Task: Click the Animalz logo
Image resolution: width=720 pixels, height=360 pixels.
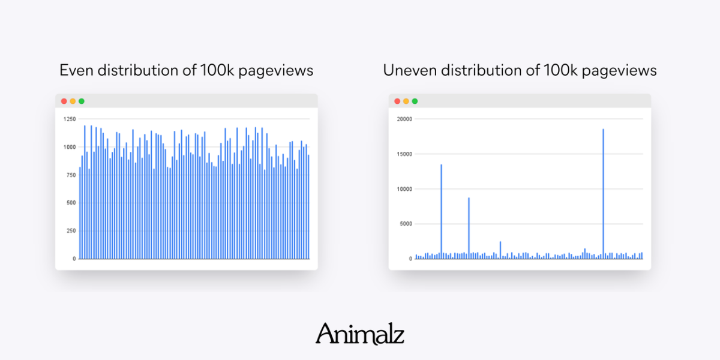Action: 360,334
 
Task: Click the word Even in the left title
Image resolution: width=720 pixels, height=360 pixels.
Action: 74,70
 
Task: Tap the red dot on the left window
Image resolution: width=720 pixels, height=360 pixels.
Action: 64,101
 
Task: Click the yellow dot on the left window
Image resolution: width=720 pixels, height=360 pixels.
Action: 73,101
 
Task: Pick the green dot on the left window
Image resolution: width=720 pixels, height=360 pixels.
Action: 82,101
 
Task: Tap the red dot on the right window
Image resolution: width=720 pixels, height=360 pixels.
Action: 397,101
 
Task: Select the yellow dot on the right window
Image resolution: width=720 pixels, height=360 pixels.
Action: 406,101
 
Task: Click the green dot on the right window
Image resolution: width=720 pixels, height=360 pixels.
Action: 415,101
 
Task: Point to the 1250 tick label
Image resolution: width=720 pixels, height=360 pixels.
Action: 70,119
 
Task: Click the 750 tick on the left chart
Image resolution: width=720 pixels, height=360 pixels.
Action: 71,175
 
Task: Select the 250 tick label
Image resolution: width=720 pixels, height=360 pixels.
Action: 71,230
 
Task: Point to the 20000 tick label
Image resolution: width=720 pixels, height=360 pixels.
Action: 404,119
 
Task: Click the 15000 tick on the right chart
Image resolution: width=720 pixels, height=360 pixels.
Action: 404,154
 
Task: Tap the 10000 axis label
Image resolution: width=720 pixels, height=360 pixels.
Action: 404,189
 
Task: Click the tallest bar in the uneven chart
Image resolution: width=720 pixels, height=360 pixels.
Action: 603,192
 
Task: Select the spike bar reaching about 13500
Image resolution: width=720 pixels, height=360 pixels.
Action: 441,210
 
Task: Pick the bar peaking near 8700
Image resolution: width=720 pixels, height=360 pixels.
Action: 469,228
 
